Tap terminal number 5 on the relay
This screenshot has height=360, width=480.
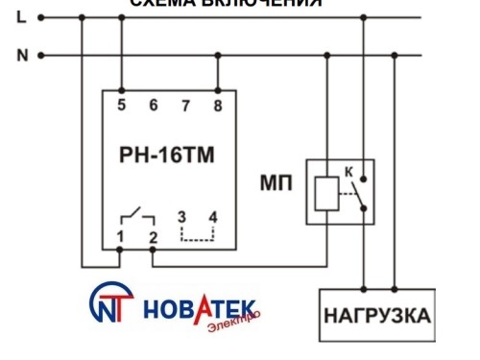pos(121,105)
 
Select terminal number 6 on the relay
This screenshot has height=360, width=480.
pos(153,105)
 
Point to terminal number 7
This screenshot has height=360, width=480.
pos(186,105)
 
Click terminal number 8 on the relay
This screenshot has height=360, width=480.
pos(219,105)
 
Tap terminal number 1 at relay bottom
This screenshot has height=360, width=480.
pos(121,236)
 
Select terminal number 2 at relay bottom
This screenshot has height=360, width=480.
pos(152,236)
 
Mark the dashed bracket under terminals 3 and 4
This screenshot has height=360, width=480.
pos(197,234)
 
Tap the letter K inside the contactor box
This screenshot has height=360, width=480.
pos(349,170)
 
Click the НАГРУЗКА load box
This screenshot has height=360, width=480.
pos(376,316)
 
